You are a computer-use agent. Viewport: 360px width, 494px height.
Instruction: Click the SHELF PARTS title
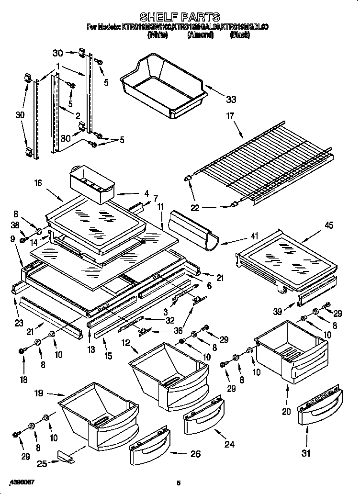[180, 17]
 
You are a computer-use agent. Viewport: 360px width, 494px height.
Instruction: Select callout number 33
[231, 100]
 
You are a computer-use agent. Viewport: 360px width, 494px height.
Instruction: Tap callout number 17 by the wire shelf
[230, 115]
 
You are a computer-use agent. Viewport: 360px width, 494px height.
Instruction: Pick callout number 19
[39, 393]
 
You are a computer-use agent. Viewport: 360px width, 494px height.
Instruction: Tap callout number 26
[195, 453]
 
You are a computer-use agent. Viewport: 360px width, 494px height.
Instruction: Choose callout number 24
[229, 444]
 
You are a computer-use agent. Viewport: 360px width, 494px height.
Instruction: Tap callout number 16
[38, 182]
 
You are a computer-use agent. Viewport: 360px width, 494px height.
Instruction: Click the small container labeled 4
[92, 183]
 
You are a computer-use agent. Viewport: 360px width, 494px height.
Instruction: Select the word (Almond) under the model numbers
[200, 35]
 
